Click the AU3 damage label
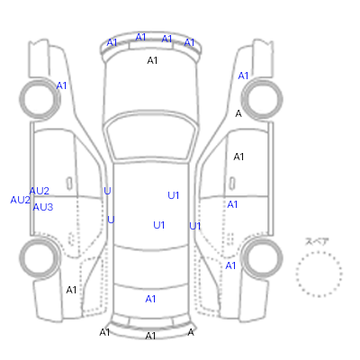[x=43, y=207]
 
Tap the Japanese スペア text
[x=317, y=241]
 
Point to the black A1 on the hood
[x=152, y=60]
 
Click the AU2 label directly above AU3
[x=40, y=191]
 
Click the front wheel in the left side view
[x=40, y=99]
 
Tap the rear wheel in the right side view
[x=262, y=258]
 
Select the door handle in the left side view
[x=69, y=183]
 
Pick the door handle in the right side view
[x=232, y=183]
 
